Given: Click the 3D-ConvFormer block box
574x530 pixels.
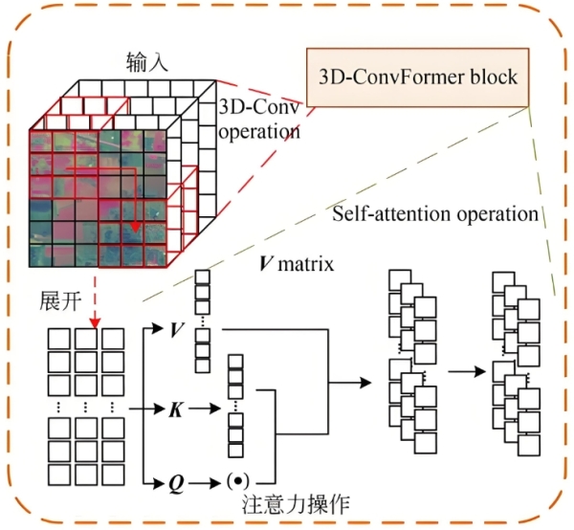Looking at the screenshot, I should point(419,76).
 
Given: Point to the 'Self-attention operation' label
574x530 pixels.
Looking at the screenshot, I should point(435,212).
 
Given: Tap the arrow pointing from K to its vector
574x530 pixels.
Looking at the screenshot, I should point(204,409).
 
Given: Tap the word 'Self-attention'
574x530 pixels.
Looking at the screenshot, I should point(393,212).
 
